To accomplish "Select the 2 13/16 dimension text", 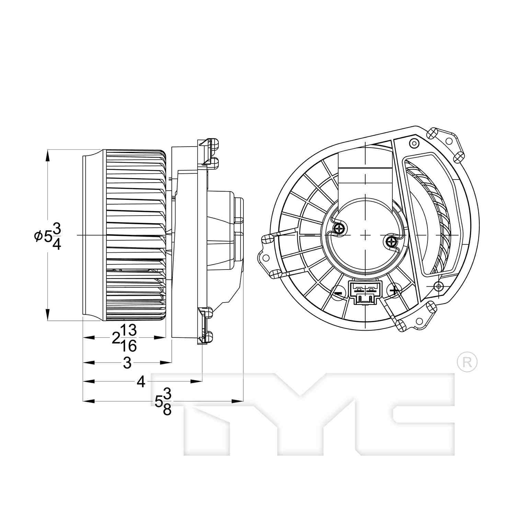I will (125, 338).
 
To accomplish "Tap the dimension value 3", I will (127, 363).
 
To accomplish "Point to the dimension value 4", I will (141, 381).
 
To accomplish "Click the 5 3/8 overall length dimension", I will (163, 401).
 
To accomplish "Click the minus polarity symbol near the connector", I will (338, 293).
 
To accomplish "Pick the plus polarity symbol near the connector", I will (394, 291).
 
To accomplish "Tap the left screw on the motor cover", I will (340, 229).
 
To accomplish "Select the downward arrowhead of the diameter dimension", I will (47, 314).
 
